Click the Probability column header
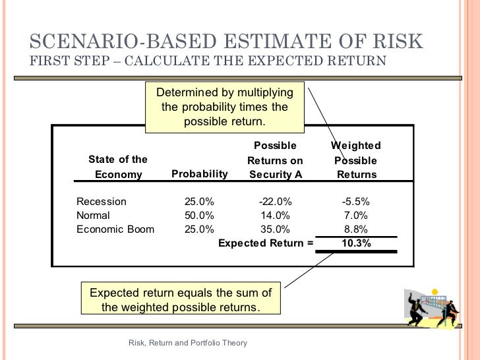(199, 174)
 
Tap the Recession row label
(102, 202)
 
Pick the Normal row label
(94, 216)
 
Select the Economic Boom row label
(115, 229)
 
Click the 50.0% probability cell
(199, 216)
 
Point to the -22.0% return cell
(275, 202)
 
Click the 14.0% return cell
(275, 216)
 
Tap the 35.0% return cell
(275, 229)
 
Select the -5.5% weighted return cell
(356, 202)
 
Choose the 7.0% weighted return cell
(356, 216)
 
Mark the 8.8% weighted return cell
(356, 229)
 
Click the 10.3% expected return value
(356, 243)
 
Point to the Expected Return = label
(266, 243)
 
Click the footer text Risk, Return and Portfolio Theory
(187, 342)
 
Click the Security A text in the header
(275, 175)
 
